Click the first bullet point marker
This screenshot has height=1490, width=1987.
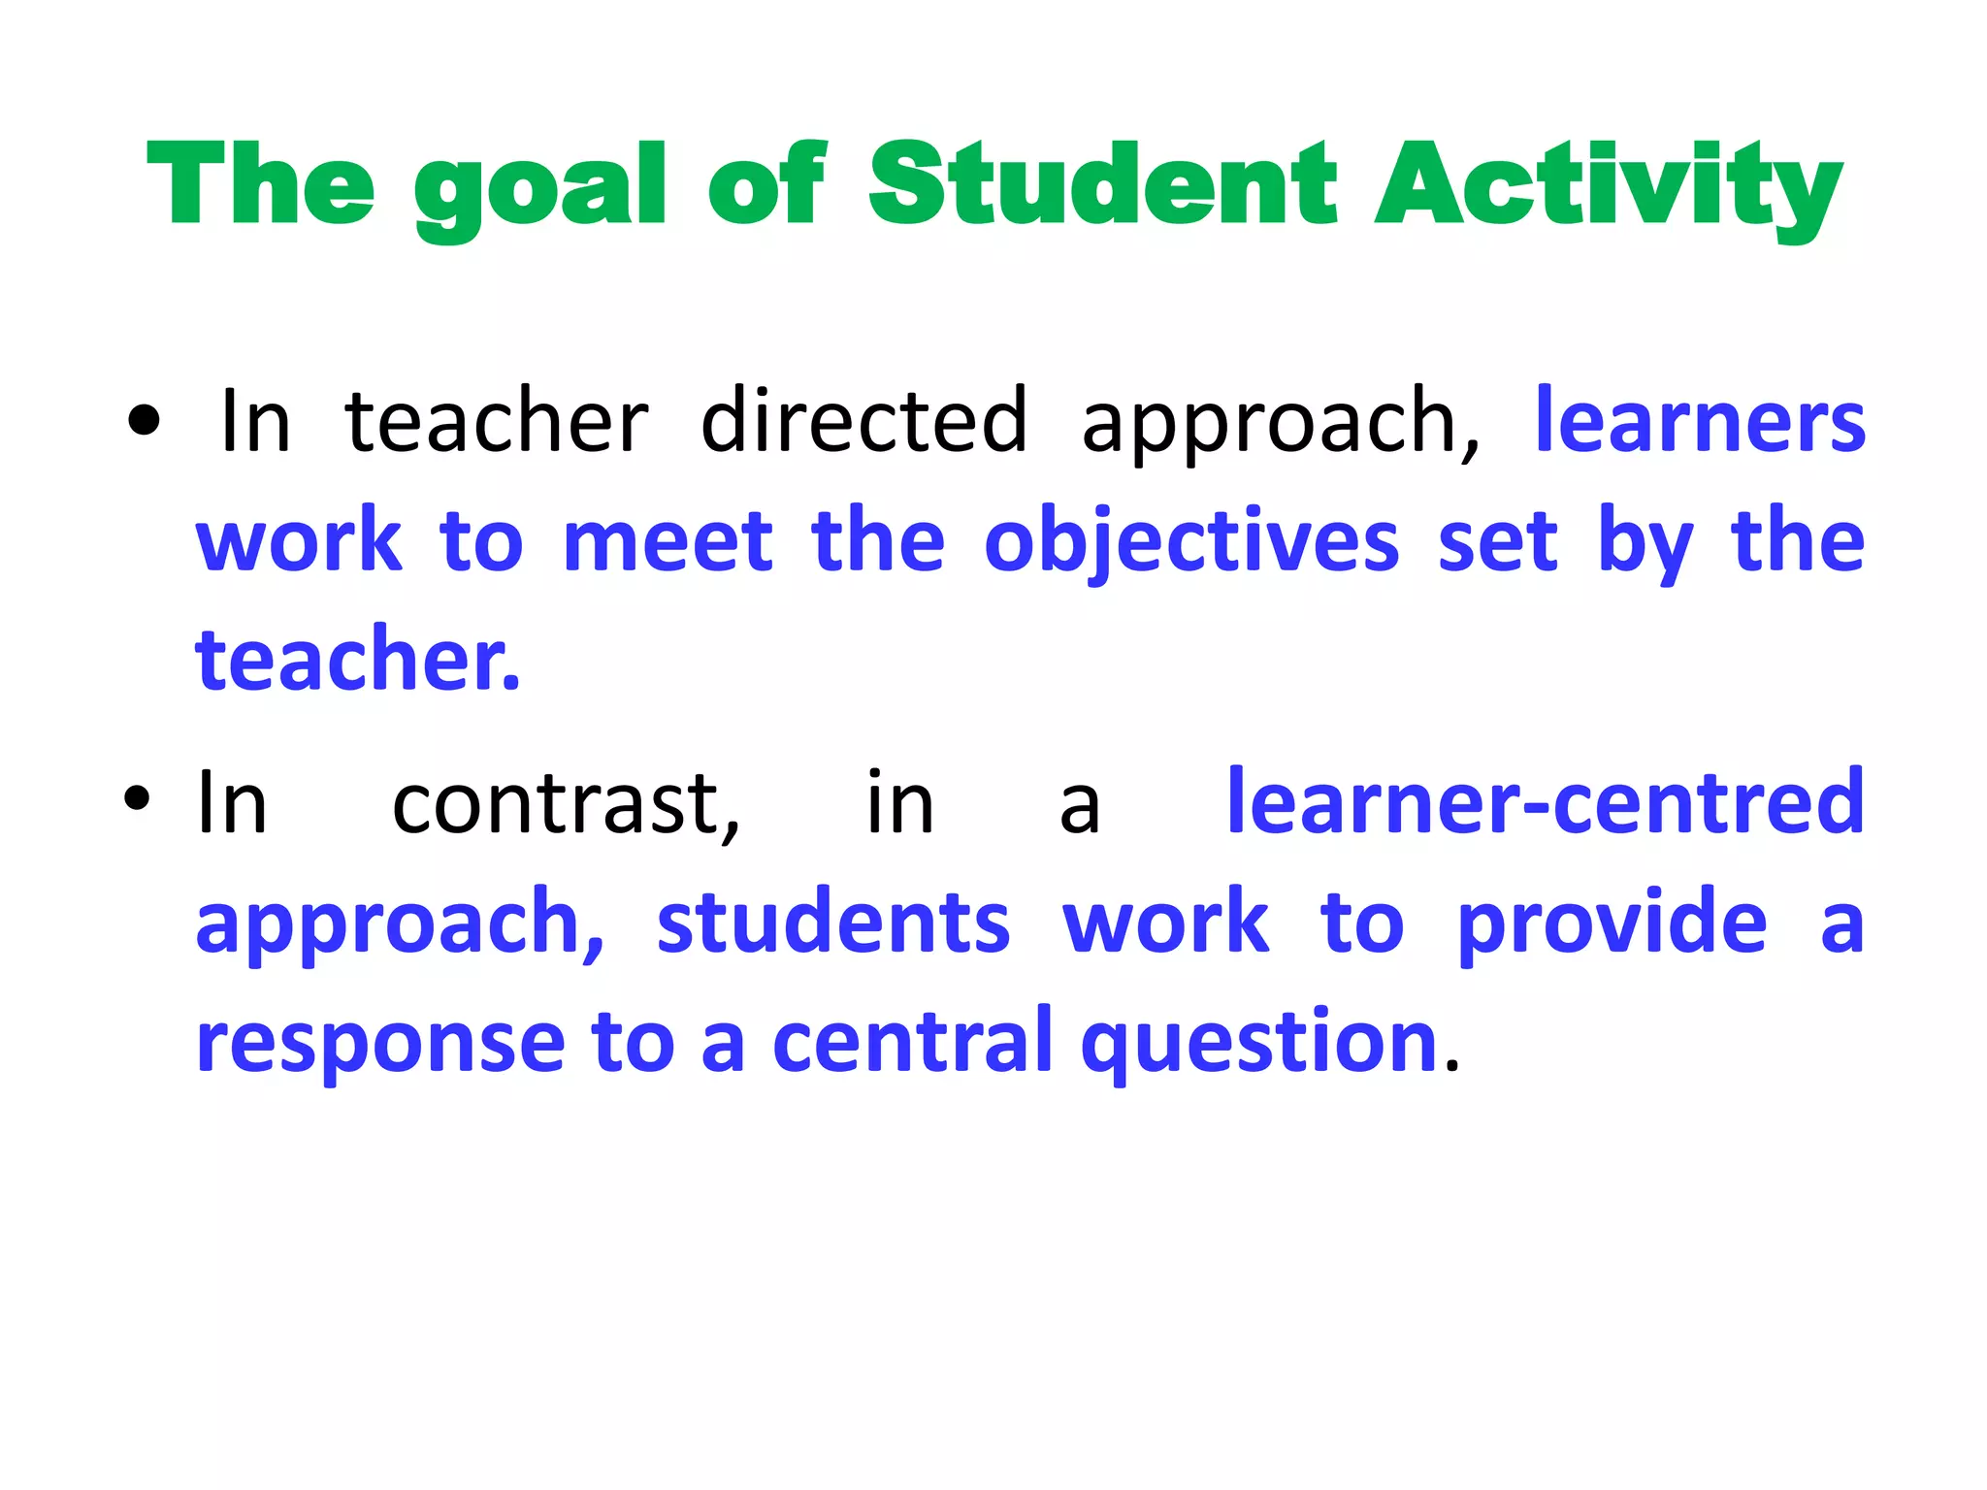(143, 421)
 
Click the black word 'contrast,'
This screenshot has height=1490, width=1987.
(567, 803)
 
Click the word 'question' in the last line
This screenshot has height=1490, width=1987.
(1259, 1043)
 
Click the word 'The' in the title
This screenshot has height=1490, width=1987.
(260, 183)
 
